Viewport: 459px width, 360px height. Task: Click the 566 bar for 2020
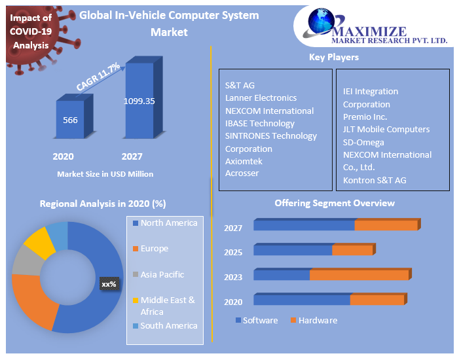[70, 119]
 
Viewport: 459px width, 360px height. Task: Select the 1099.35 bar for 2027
[139, 101]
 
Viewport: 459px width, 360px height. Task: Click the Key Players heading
[334, 57]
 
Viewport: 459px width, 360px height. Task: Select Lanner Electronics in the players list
[261, 98]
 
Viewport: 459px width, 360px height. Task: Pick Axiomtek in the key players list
[244, 160]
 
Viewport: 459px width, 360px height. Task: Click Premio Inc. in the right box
[365, 117]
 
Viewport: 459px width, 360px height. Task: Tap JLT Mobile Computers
[386, 129]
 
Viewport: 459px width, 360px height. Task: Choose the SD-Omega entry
[363, 142]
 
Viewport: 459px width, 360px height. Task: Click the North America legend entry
[168, 223]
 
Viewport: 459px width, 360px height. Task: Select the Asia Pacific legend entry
[162, 275]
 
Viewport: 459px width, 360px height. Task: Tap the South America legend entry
[168, 326]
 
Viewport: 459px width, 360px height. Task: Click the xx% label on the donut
[109, 284]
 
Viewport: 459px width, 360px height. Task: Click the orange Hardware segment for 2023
[359, 274]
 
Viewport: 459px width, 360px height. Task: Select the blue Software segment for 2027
[304, 225]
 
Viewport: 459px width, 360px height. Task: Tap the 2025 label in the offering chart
[233, 252]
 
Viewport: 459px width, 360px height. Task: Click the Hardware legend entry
[318, 320]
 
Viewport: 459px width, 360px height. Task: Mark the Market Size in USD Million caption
[105, 174]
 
